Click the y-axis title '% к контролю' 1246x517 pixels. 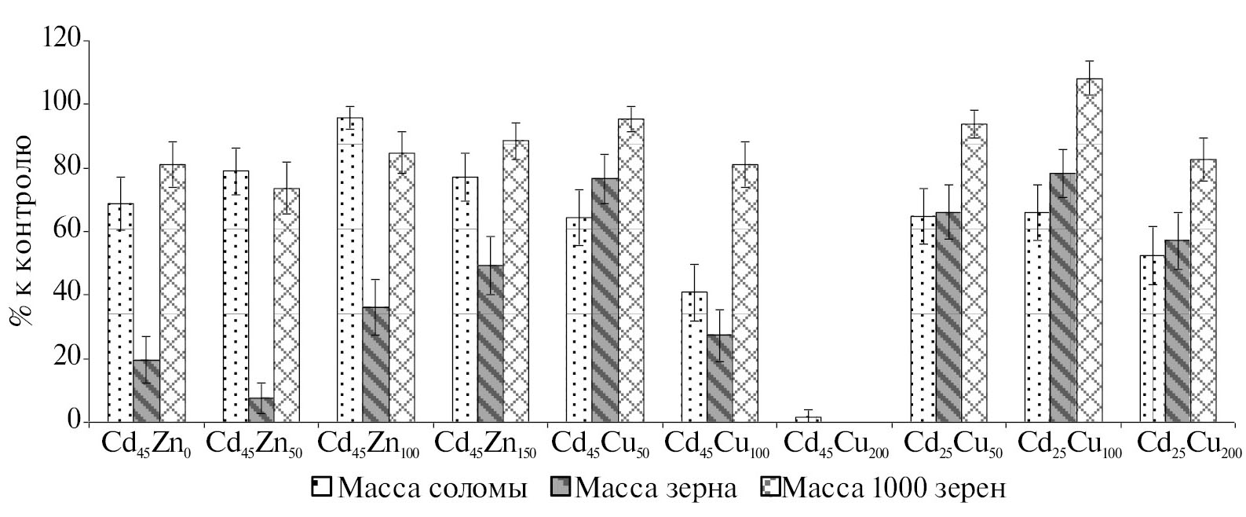(20, 231)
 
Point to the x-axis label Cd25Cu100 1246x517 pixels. (1069, 444)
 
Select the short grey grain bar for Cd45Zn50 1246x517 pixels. (261, 409)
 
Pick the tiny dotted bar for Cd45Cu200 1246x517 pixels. (808, 420)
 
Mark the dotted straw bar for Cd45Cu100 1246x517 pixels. (694, 357)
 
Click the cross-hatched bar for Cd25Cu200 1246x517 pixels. (1203, 291)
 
